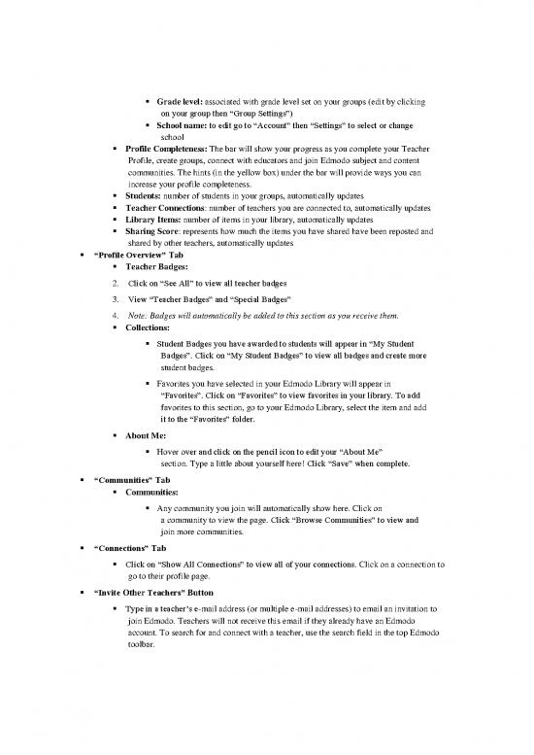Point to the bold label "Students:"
coord(146,194)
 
